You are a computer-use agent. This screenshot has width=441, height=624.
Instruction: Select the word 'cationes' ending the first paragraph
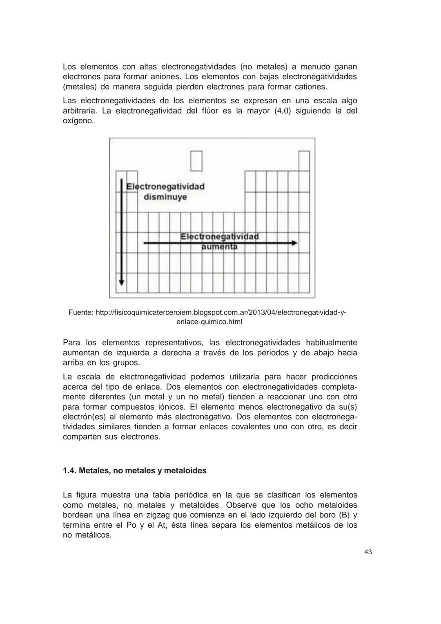click(x=311, y=87)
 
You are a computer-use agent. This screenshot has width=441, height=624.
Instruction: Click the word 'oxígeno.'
click(x=78, y=121)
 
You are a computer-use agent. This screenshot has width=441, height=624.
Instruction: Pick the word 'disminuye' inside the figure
click(x=165, y=197)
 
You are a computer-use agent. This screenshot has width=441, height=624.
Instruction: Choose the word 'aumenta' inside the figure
click(x=219, y=247)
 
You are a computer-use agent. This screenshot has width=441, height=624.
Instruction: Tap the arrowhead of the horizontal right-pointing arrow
click(x=294, y=243)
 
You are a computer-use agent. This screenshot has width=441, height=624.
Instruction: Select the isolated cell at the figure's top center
click(x=196, y=160)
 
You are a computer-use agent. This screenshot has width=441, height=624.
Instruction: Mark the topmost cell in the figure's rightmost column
click(x=304, y=160)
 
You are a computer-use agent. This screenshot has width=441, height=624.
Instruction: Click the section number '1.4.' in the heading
click(x=69, y=470)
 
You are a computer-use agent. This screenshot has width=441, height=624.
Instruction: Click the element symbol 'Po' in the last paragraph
click(x=131, y=525)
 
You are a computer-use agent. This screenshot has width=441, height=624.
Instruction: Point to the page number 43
click(x=367, y=552)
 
